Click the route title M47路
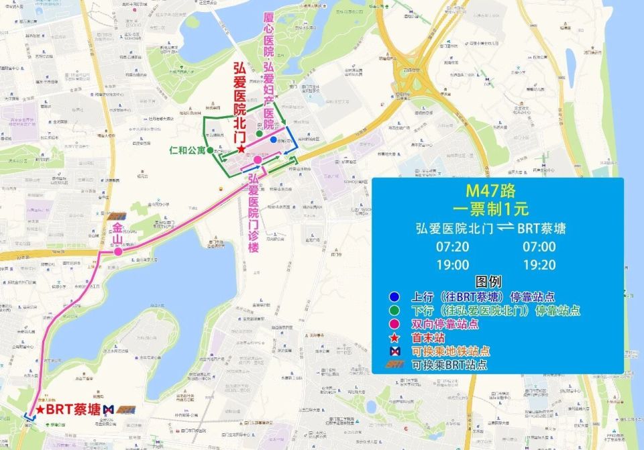pos(497,191)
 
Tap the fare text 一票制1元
pos(497,209)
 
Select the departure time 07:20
pos(452,247)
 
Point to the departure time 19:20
pos(539,265)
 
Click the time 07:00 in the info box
pos(539,247)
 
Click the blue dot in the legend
pos(396,297)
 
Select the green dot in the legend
pos(396,311)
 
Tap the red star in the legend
pos(396,338)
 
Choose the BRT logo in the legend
pos(396,365)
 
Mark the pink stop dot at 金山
pos(117,252)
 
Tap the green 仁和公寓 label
pos(186,150)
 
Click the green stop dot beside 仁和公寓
pos(210,150)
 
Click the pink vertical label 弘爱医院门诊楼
pos(254,214)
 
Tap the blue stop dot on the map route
pos(273,140)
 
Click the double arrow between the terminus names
pos(507,229)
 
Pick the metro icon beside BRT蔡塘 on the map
pos(108,409)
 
